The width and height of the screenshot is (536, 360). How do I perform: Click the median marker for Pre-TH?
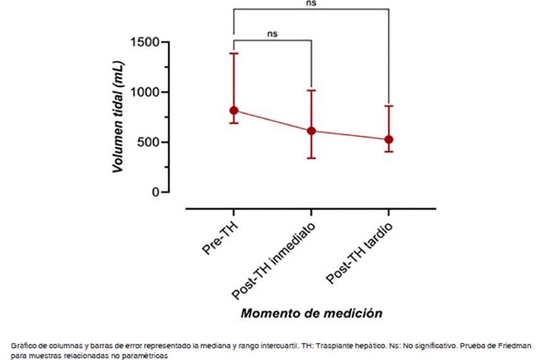point(234,111)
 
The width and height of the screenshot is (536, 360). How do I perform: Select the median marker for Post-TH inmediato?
point(311,131)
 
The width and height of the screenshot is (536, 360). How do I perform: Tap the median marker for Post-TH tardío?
point(389,140)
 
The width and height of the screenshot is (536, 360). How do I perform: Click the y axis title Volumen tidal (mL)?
point(117,116)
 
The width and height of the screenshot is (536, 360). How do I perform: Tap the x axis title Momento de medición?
point(312,313)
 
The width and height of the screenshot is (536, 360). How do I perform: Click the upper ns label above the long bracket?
point(311,3)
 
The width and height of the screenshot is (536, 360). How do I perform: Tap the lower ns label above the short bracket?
point(272,34)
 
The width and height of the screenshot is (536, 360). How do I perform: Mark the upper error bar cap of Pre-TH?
point(234,53)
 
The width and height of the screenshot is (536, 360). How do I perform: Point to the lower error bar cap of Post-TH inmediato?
point(311,158)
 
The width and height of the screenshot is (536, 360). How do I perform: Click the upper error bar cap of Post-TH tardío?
point(389,106)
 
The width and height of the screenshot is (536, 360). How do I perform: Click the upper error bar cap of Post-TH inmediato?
point(311,91)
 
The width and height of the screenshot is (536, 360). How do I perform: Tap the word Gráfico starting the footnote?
point(24,346)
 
